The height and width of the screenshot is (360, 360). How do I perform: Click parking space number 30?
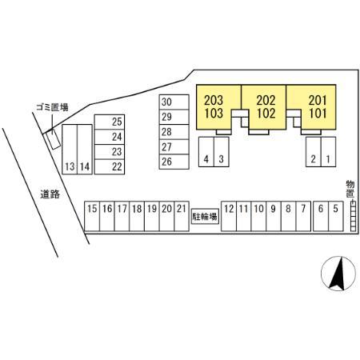tap(174, 102)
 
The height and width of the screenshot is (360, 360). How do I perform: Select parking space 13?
tap(70, 150)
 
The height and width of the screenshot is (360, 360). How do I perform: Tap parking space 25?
tap(110, 122)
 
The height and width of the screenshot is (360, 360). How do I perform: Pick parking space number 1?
tap(328, 152)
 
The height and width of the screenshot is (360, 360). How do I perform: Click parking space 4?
tap(206, 152)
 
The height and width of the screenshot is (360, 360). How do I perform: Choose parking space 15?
tap(92, 216)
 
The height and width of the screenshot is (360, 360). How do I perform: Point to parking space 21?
tap(182, 216)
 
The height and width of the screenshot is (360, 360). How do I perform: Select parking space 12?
tap(229, 216)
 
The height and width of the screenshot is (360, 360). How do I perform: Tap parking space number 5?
tap(336, 216)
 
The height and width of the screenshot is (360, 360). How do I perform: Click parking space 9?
tap(274, 216)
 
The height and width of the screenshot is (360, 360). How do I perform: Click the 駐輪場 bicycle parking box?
tap(205, 217)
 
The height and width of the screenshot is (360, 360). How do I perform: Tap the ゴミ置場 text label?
tap(52, 107)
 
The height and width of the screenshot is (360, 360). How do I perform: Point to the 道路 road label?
tap(50, 194)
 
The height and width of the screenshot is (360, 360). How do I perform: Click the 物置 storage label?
tap(350, 189)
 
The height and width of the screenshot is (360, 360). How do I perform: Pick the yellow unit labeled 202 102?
tap(266, 106)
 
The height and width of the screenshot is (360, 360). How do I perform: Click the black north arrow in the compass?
tap(338, 274)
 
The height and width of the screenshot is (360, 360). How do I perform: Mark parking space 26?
tap(174, 162)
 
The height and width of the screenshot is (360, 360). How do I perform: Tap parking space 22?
tap(110, 167)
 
